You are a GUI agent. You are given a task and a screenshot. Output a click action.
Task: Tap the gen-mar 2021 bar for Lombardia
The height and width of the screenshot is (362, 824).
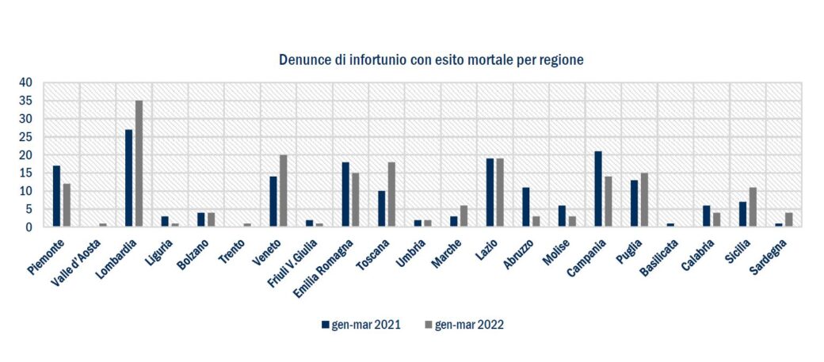pyautogui.click(x=128, y=178)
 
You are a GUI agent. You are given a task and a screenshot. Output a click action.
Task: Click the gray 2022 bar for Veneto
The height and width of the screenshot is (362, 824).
pyautogui.click(x=284, y=191)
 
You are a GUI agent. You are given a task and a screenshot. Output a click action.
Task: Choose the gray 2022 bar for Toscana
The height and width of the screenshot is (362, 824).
pyautogui.click(x=391, y=195)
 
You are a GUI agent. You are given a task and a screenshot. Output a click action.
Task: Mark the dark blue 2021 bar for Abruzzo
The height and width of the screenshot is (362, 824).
pyautogui.click(x=526, y=208)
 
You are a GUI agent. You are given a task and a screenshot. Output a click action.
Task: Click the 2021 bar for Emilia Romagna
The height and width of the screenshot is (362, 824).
pyautogui.click(x=345, y=195)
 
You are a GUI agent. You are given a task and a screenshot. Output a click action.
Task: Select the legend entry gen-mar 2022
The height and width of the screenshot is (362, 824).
pyautogui.click(x=464, y=324)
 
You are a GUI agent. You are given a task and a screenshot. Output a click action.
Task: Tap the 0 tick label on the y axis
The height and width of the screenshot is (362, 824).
pyautogui.click(x=29, y=227)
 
